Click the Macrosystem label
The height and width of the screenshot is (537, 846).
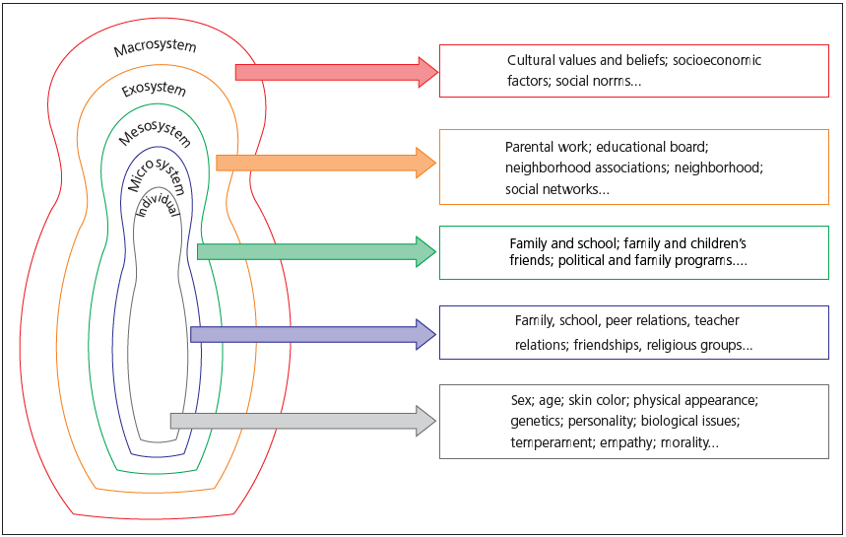[x=155, y=47]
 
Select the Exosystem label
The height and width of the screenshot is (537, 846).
[x=154, y=91]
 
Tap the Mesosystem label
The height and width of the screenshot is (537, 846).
[x=155, y=127]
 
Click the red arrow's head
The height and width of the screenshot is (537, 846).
[x=427, y=72]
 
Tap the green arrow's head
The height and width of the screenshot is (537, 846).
[x=426, y=251]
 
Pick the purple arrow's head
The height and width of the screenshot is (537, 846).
[x=426, y=334]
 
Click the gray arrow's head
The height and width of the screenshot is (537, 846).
[x=426, y=421]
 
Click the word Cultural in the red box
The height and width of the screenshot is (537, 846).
[x=531, y=60]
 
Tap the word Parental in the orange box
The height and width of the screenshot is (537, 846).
[x=530, y=147]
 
